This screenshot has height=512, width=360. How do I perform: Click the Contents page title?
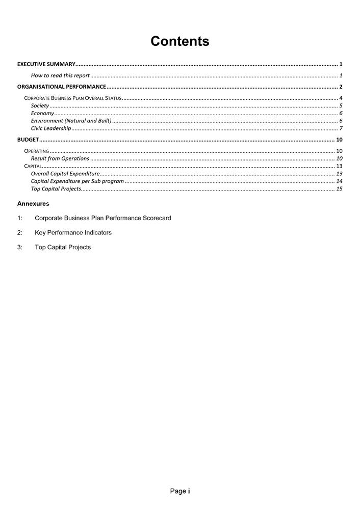click(x=179, y=41)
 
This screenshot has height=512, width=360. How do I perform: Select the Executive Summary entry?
click(x=46, y=64)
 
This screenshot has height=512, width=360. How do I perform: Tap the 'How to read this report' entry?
click(x=60, y=75)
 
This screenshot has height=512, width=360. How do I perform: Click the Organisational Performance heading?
click(x=62, y=87)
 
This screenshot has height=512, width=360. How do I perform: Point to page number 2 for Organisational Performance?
click(x=340, y=87)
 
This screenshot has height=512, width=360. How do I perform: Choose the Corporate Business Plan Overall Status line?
click(x=73, y=98)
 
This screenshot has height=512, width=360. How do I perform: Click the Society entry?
click(x=40, y=105)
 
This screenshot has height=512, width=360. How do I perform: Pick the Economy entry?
click(x=42, y=113)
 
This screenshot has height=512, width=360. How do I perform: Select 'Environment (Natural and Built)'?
click(x=71, y=121)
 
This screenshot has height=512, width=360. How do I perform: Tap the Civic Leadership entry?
click(x=51, y=128)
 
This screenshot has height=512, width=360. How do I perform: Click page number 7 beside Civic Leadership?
click(x=341, y=128)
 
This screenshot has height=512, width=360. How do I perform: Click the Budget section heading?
click(x=28, y=140)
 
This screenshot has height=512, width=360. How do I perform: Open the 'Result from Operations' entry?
click(x=60, y=158)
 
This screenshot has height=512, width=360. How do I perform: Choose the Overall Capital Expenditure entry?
click(x=65, y=174)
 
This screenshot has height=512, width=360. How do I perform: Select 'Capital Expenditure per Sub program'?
click(x=77, y=181)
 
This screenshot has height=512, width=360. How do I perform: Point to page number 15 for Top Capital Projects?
click(x=339, y=188)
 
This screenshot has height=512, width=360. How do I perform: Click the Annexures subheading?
click(x=33, y=203)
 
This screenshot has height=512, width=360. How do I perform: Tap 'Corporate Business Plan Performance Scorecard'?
click(x=102, y=218)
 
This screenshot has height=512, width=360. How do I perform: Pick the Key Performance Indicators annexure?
click(x=73, y=232)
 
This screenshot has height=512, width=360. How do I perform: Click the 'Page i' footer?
click(x=180, y=491)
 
